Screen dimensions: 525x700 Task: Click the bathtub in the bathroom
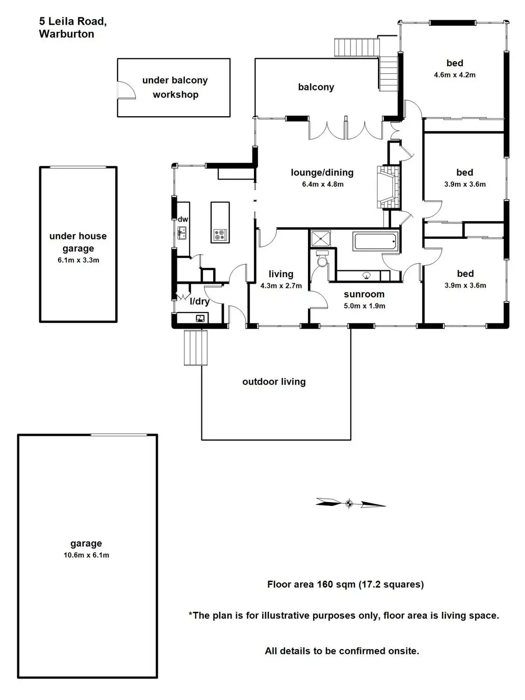click(x=376, y=241)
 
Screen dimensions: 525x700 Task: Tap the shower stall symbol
click(x=321, y=238)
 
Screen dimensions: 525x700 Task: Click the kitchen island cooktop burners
click(x=219, y=235)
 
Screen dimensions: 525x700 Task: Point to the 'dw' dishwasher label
click(x=183, y=219)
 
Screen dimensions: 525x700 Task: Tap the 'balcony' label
click(x=316, y=87)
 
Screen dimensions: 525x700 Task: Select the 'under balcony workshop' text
click(x=175, y=87)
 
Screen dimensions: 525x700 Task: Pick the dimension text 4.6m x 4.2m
click(x=455, y=75)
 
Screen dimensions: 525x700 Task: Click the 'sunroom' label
click(x=364, y=294)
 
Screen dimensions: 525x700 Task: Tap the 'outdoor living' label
click(x=274, y=382)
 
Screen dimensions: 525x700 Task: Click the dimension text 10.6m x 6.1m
click(x=86, y=555)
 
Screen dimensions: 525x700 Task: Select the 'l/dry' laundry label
click(x=199, y=301)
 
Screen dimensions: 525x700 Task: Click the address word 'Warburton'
click(x=67, y=34)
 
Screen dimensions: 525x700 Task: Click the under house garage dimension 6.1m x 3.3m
click(x=78, y=260)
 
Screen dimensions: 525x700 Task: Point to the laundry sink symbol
click(x=201, y=319)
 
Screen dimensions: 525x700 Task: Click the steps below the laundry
click(x=196, y=348)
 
